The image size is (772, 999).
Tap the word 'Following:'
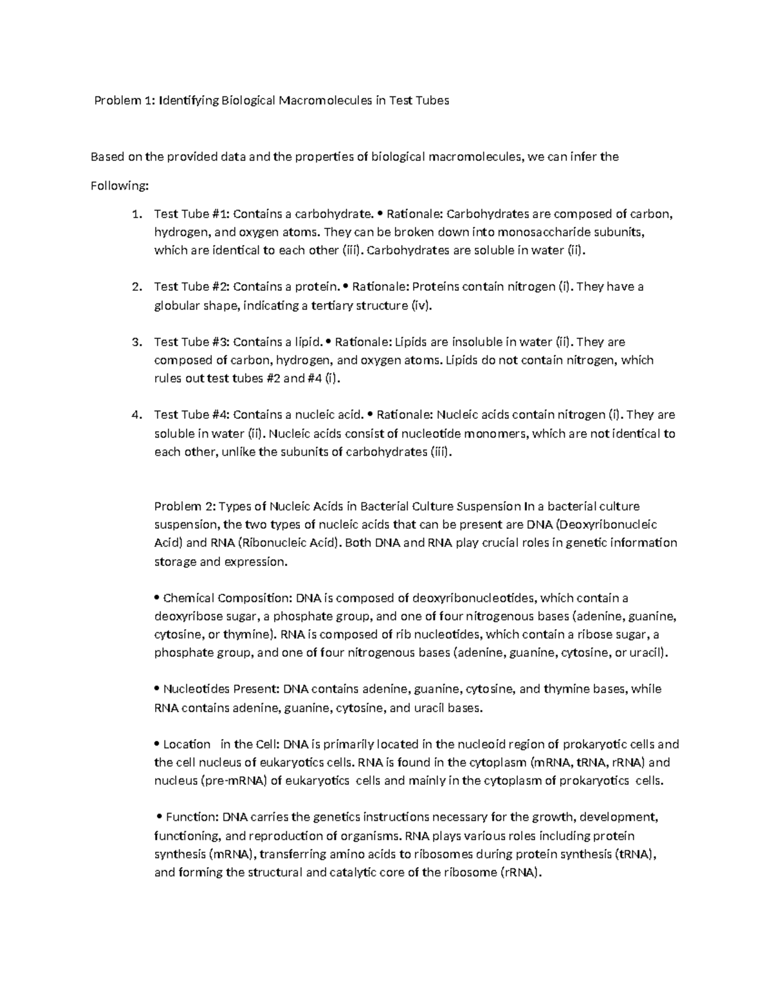coord(120,186)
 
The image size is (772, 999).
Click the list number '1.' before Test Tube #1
coord(135,214)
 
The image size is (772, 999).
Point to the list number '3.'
coord(135,342)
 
